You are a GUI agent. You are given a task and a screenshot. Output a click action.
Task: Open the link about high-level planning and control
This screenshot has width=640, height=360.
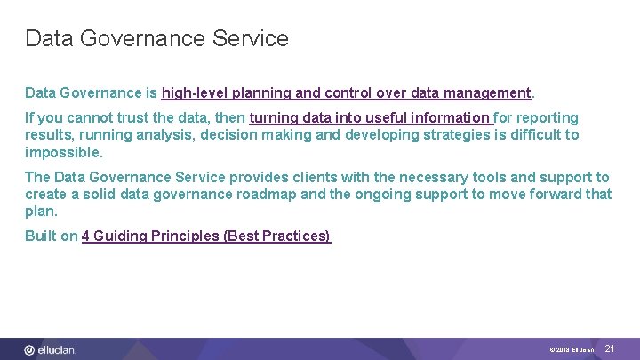pos(346,92)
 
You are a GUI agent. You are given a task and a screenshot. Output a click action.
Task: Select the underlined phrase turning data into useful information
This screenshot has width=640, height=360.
pos(370,117)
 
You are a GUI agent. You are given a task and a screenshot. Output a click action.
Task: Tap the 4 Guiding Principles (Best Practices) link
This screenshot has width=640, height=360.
pos(205,236)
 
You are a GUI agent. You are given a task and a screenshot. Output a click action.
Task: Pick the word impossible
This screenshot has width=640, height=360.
pos(63,152)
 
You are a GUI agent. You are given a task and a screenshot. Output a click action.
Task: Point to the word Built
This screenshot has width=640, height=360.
pos(40,236)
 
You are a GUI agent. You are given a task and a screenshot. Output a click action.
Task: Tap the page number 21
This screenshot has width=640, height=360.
pos(610,349)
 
